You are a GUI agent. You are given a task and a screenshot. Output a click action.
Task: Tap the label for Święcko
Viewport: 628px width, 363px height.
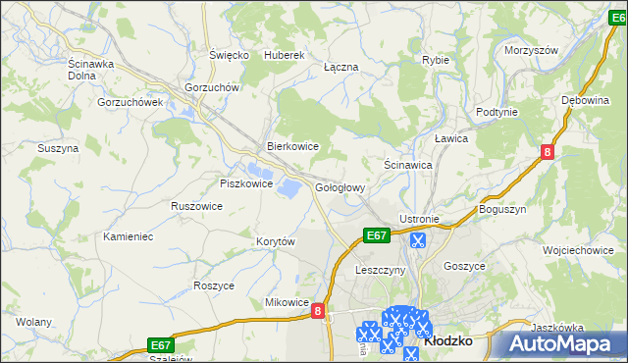pos(229,55)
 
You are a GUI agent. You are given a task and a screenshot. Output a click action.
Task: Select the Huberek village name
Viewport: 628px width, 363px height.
pos(286,55)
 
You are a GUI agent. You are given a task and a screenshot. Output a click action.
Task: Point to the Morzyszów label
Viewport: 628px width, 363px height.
pos(531,50)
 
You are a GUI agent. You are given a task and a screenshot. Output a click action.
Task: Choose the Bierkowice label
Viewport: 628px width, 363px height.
pos(293,146)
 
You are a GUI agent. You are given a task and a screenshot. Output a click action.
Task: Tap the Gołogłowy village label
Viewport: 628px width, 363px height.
pos(340,186)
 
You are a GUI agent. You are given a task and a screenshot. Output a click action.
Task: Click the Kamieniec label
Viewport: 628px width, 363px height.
pos(129,236)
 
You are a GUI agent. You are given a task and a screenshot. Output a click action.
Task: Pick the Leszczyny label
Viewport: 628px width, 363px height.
pos(381,270)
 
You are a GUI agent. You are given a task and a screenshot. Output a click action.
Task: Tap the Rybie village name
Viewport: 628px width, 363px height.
pos(436,60)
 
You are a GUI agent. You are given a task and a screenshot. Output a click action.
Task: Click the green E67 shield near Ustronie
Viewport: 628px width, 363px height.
pos(377,235)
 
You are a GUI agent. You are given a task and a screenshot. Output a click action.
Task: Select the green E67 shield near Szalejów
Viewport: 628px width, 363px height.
pos(162,344)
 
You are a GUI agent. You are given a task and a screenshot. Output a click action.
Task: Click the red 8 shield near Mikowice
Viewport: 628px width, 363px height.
pos(318,310)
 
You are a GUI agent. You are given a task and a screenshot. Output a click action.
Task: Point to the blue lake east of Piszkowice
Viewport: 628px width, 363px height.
pos(290,186)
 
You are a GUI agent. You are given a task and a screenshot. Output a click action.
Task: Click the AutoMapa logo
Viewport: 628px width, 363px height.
pos(565,343)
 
